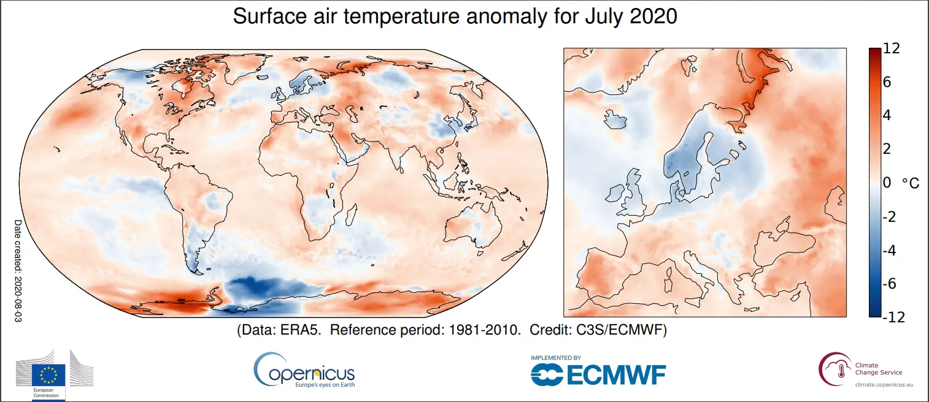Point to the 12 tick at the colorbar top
[x=892, y=50]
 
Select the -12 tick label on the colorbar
[x=893, y=317]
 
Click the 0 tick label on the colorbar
[x=886, y=183]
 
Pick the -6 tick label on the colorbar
[x=890, y=283]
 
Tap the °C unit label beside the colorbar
[x=910, y=183]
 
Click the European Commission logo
[x=55, y=374]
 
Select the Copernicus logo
[x=304, y=370]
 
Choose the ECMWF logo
[x=598, y=372]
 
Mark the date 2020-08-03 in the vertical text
[x=18, y=295]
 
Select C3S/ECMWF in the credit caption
[x=621, y=330]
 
